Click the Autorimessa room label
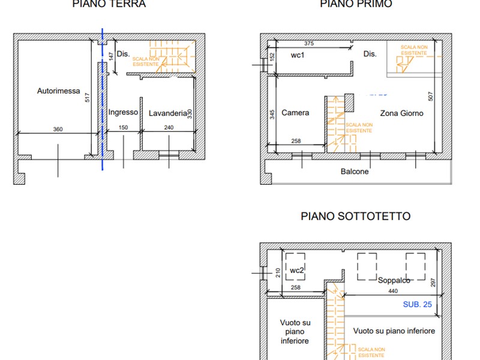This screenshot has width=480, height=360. (x=58, y=91)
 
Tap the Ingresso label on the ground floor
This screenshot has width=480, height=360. (x=123, y=112)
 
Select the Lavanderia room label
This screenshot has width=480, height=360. (x=168, y=112)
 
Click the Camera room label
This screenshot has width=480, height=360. (x=295, y=113)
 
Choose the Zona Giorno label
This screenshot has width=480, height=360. (x=401, y=113)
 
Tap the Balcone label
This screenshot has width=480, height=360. (x=355, y=172)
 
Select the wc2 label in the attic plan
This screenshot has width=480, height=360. (x=297, y=271)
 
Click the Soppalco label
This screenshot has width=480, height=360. (x=394, y=280)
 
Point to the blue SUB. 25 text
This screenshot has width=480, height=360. (x=417, y=304)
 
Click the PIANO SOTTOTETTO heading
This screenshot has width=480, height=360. (x=355, y=217)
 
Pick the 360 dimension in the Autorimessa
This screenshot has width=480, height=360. (x=58, y=128)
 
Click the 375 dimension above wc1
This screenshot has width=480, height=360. (x=308, y=44)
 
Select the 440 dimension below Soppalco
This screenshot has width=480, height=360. (x=392, y=291)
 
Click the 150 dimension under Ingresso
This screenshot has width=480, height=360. (x=123, y=128)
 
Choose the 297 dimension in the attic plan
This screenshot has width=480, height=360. (x=432, y=283)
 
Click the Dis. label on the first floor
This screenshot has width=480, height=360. (x=370, y=54)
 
